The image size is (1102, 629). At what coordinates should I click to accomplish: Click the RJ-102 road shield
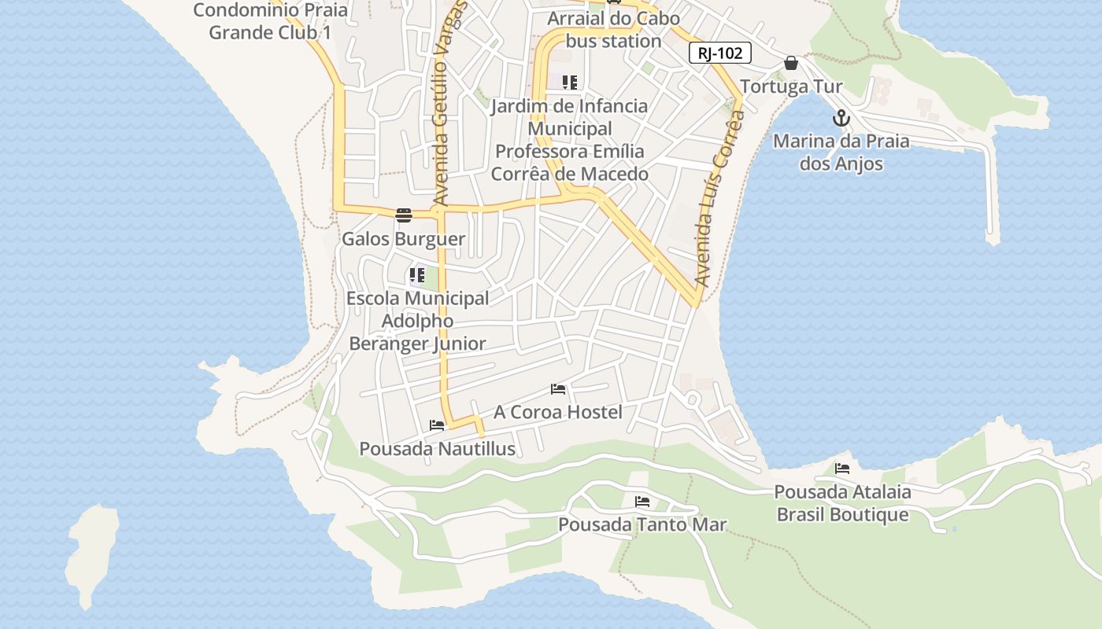point(719,53)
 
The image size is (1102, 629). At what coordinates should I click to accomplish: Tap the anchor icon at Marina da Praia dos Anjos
point(841,119)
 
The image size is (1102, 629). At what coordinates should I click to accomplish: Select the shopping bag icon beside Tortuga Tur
point(791,63)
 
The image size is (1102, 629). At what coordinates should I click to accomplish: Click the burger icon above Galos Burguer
point(404,215)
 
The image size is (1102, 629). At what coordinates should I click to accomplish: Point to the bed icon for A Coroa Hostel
point(558,389)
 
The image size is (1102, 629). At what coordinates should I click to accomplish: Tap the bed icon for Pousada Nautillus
point(437,425)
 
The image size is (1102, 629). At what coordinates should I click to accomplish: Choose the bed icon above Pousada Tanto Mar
point(642,501)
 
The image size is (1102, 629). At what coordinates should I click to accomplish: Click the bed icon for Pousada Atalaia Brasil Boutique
point(842,469)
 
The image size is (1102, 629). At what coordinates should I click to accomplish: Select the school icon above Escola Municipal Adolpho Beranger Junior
point(416,276)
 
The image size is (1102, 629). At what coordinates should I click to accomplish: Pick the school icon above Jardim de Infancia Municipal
point(570,82)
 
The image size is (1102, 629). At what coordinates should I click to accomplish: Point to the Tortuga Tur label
point(791,86)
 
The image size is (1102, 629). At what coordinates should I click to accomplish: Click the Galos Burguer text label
point(403,239)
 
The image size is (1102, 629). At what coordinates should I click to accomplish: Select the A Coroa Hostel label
point(557,412)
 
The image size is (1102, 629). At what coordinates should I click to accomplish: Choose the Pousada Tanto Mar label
point(642,524)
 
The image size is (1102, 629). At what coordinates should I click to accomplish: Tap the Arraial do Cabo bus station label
point(613,29)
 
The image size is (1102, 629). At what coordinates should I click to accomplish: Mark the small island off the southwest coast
point(91,554)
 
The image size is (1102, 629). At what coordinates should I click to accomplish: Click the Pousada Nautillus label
point(437,449)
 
